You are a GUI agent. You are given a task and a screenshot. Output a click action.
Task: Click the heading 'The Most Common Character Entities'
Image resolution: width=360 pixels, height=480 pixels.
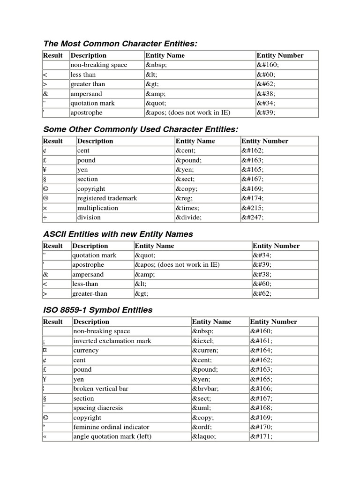pyautogui.click(x=120, y=44)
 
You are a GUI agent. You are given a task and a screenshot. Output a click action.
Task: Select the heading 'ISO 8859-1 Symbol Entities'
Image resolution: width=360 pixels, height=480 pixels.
pyautogui.click(x=97, y=310)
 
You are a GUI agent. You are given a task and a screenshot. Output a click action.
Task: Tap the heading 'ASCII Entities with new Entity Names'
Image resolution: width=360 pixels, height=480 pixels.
pyautogui.click(x=118, y=234)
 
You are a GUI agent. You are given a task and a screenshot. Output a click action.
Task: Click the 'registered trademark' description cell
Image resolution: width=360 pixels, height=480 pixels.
pyautogui.click(x=107, y=198)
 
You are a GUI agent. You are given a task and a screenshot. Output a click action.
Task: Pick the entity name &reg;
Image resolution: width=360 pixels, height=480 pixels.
pyautogui.click(x=186, y=198)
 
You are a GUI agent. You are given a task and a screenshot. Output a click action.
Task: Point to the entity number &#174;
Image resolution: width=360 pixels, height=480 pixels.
pyautogui.click(x=253, y=198)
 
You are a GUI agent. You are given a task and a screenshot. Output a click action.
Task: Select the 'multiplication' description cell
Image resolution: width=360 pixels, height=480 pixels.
pyautogui.click(x=97, y=208)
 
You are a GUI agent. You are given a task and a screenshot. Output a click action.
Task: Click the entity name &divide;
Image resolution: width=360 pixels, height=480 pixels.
pyautogui.click(x=188, y=217)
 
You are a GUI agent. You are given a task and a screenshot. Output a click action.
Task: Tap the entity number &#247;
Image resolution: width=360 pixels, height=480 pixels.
pyautogui.click(x=253, y=217)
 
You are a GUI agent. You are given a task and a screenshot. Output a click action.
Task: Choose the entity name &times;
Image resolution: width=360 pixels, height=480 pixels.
pyautogui.click(x=187, y=208)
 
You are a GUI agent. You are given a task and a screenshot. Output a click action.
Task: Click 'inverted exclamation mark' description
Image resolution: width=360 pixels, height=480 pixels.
pyautogui.click(x=112, y=341)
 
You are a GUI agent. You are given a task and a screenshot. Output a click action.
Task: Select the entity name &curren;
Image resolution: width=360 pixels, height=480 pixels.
pyautogui.click(x=205, y=350)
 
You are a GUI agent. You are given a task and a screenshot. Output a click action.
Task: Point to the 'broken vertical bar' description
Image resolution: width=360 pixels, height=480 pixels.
pyautogui.click(x=100, y=389)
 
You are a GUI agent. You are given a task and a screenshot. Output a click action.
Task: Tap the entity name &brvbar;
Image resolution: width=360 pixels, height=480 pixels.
pyautogui.click(x=205, y=389)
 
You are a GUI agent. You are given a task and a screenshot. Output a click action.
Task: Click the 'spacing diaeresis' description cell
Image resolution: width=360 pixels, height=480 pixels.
pyautogui.click(x=97, y=408)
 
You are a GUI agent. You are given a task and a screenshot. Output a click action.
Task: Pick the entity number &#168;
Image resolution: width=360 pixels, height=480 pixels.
pyautogui.click(x=261, y=408)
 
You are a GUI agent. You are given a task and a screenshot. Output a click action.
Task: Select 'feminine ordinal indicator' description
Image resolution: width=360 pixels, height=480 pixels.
pyautogui.click(x=111, y=427)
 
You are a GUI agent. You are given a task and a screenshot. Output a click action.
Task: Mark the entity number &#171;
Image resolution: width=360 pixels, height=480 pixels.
pyautogui.click(x=261, y=436)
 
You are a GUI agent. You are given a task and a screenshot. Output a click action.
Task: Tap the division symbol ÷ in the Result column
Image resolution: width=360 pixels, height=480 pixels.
pyautogui.click(x=45, y=217)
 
